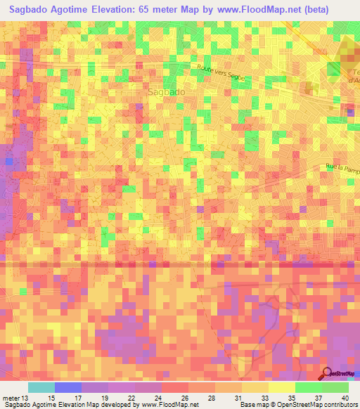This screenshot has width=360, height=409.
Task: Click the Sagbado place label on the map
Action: pos(167,92)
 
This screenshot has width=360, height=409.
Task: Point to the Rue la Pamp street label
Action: pos(342,168)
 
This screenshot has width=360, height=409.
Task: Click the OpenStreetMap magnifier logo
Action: pos(328,374)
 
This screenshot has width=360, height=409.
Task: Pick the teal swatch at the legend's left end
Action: pos(41,387)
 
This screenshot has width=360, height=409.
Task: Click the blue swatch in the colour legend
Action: pos(68,387)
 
